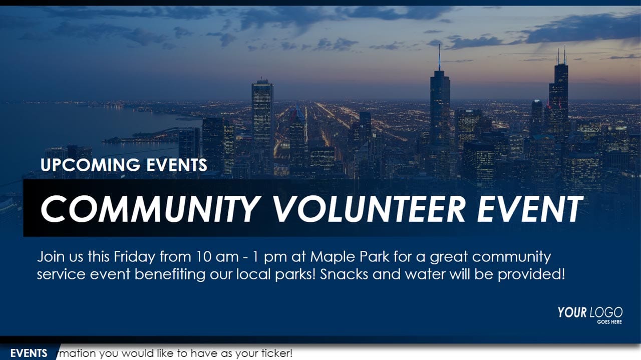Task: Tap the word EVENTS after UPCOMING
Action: pyautogui.click(x=177, y=165)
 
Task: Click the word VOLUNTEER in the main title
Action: pyautogui.click(x=369, y=209)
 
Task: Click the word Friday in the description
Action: pyautogui.click(x=134, y=257)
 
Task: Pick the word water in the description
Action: pyautogui.click(x=425, y=275)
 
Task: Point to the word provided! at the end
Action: pyautogui.click(x=531, y=275)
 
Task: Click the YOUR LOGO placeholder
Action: pyautogui.click(x=590, y=312)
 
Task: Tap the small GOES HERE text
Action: pyautogui.click(x=609, y=322)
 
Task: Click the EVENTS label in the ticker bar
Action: pyautogui.click(x=29, y=353)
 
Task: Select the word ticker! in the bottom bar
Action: pyautogui.click(x=277, y=353)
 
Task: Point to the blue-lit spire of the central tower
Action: pyautogui.click(x=439, y=57)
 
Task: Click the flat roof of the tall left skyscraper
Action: pyautogui.click(x=262, y=82)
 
